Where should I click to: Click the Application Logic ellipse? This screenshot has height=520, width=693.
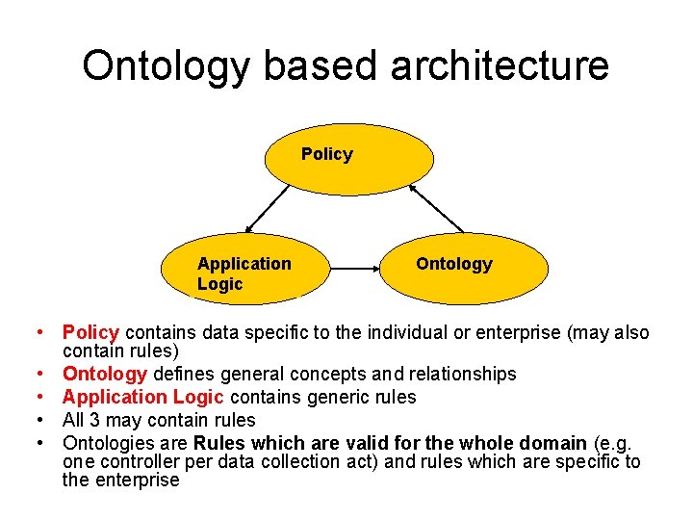point(246,270)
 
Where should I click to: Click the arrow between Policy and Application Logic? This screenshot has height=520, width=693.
point(268,209)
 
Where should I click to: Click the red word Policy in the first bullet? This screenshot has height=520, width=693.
point(90,333)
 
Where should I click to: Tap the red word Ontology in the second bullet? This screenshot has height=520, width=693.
point(105,374)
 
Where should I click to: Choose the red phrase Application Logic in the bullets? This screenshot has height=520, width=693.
point(142,397)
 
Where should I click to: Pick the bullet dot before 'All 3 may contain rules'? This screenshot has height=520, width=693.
point(44,420)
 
